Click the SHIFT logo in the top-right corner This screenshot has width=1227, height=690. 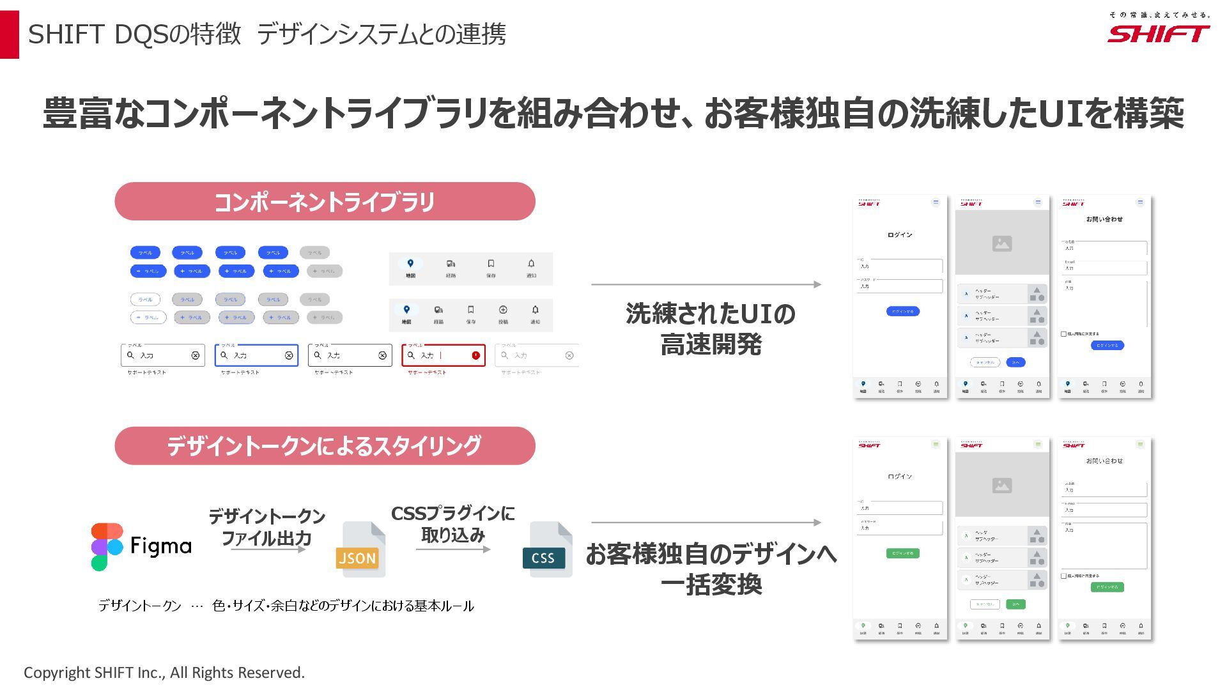coord(1158,34)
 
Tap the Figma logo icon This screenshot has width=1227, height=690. coord(106,547)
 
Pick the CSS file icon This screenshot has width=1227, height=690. coord(546,549)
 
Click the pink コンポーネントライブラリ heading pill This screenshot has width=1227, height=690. coord(325,202)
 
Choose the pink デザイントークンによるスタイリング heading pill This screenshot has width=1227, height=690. coord(325,446)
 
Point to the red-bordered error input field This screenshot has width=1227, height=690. coord(444,355)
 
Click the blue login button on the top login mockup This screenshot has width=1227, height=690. coord(902,311)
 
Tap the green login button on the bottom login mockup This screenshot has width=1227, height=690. coord(902,553)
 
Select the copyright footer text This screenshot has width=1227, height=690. coord(164,673)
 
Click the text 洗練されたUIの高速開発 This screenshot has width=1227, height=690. coord(711,329)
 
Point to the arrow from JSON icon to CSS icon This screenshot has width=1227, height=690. coord(452,549)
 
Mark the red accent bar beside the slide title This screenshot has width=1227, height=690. coord(10,34)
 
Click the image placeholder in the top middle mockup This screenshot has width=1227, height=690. coord(1002,243)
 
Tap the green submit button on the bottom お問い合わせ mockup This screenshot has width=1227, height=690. coord(1107,587)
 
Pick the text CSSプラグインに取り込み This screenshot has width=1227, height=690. coord(452,524)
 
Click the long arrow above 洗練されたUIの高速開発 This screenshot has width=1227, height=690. coord(706,284)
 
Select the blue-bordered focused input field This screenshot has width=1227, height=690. coord(256,355)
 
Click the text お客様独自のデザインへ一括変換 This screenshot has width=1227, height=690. coord(711,569)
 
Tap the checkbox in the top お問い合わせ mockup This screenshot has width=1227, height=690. coord(1063,334)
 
